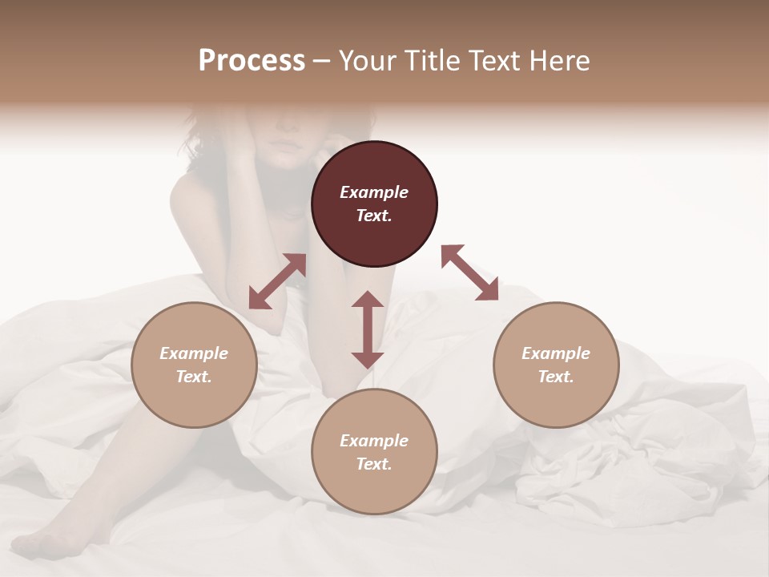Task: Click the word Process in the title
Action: [x=252, y=60]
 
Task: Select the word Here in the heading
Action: [x=561, y=60]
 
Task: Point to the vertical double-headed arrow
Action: [x=368, y=329]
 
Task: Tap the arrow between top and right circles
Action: [x=469, y=272]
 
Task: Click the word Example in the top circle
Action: [x=374, y=192]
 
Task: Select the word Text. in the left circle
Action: [x=194, y=377]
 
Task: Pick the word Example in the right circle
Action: [x=556, y=353]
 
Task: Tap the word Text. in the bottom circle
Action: [x=374, y=464]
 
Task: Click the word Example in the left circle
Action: [x=194, y=353]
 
